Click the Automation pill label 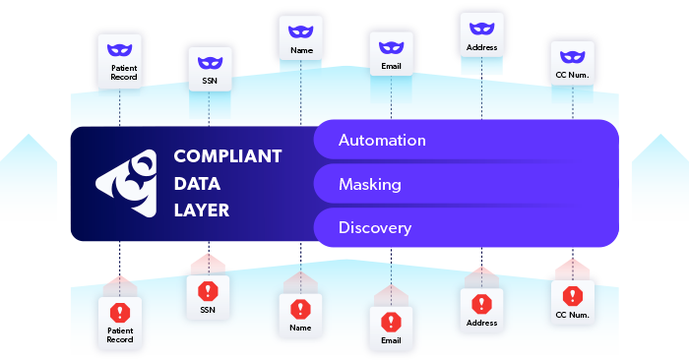[382, 140]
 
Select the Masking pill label [369, 184]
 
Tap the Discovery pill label [374, 228]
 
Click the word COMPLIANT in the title [227, 156]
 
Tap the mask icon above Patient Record [119, 48]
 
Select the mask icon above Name [300, 30]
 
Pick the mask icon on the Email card [391, 44]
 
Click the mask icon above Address [481, 28]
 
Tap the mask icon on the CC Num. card [572, 55]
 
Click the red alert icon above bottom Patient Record [120, 313]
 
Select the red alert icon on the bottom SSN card [208, 291]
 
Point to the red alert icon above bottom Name [300, 309]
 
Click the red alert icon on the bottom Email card [391, 322]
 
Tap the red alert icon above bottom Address [481, 304]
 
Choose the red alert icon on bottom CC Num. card [572, 295]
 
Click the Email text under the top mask [391, 68]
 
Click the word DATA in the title [197, 183]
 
